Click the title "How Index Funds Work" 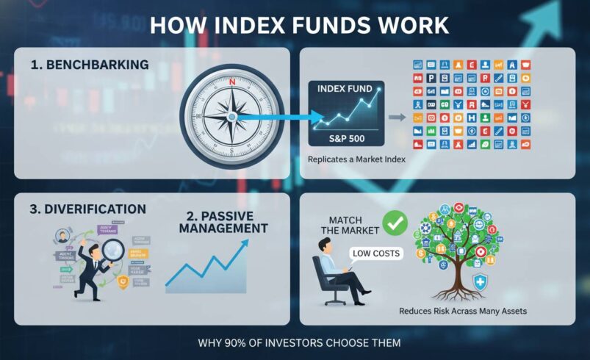point(299,25)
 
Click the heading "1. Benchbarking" point(90,65)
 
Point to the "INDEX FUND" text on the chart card point(343,89)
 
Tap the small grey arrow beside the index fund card point(395,116)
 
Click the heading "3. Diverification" point(88,209)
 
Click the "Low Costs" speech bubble point(376,253)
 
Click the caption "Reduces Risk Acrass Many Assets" point(463,312)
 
